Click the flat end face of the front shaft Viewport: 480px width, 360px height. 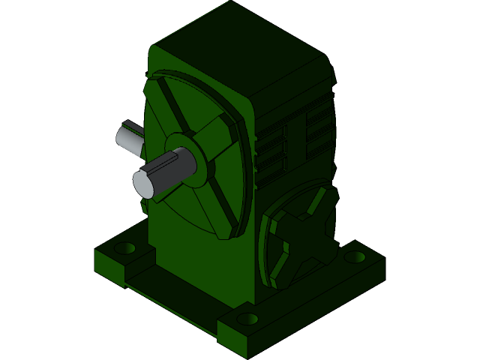tap(143, 184)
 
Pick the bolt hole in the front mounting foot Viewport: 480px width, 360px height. tap(247, 319)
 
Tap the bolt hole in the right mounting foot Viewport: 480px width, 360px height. tap(355, 257)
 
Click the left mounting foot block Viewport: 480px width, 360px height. tap(120, 259)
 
